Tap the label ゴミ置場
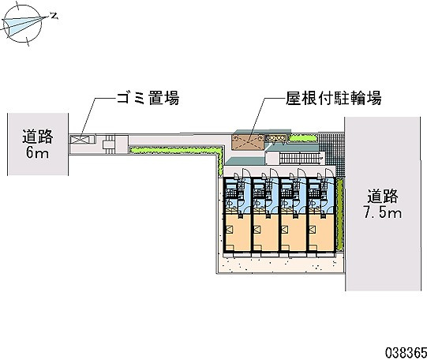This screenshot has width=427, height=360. tap(148, 98)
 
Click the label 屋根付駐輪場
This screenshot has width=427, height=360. tap(333, 98)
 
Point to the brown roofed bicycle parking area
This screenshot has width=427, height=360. tap(248, 141)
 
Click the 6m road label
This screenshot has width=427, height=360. tap(38, 144)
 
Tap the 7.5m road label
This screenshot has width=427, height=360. tap(383, 204)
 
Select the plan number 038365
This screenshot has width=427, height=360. tap(406, 353)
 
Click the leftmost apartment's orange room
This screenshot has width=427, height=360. tap(238, 233)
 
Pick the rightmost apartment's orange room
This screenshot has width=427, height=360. tap(321, 233)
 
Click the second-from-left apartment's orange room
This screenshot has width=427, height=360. tap(266, 233)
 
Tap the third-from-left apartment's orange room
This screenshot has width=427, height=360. tap(294, 233)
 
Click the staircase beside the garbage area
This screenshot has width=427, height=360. tap(110, 144)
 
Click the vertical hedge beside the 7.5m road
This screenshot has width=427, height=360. tap(339, 214)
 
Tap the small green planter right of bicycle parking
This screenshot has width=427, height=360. tap(302, 138)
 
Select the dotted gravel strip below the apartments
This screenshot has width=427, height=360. tap(280, 264)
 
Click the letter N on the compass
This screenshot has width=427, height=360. tap(54, 17)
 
